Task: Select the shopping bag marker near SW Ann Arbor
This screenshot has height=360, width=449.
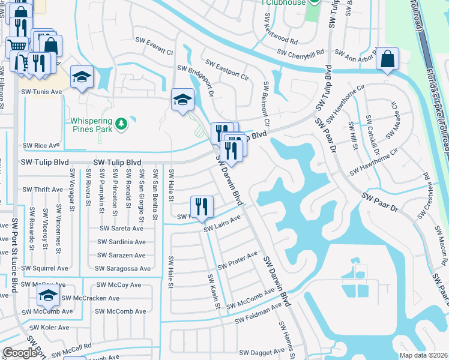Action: tap(388, 59)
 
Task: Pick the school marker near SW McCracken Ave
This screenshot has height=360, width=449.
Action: tap(48, 296)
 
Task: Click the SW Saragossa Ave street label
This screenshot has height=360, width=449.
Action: tap(122, 268)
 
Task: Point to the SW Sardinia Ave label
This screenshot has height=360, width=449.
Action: tap(122, 242)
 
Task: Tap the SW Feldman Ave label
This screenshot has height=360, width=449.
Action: tap(258, 314)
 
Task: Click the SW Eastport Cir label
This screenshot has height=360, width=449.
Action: tap(227, 70)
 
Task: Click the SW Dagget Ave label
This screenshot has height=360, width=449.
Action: tap(262, 352)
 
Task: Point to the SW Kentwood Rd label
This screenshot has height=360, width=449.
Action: tap(280, 33)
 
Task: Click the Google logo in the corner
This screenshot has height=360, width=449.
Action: tap(20, 353)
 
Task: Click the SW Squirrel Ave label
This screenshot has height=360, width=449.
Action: tap(46, 268)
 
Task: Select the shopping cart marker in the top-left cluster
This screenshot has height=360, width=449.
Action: tap(16, 45)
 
